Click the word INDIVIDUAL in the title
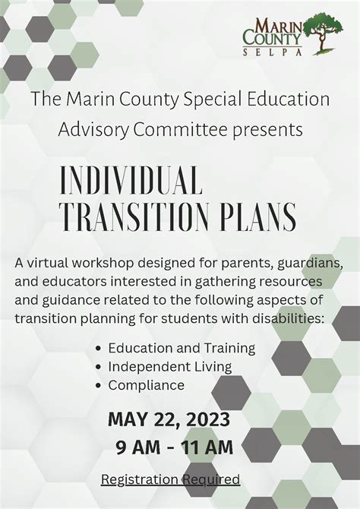tap(131, 182)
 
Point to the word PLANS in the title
tap(261, 217)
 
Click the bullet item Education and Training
tap(182, 348)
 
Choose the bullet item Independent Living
tap(169, 366)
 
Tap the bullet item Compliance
tap(146, 385)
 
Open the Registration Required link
tap(170, 479)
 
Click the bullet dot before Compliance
tap(99, 386)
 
